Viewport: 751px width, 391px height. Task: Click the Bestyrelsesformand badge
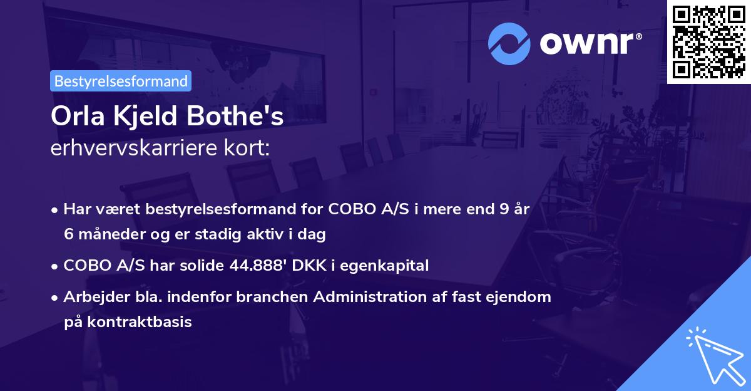(121, 81)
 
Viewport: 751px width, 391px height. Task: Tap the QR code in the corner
(708, 41)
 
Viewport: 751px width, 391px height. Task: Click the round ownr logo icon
(509, 44)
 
